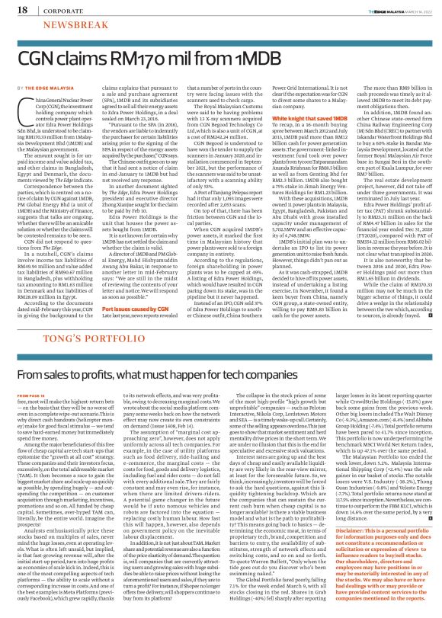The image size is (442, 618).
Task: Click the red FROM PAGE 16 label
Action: pyautogui.click(x=30, y=374)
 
